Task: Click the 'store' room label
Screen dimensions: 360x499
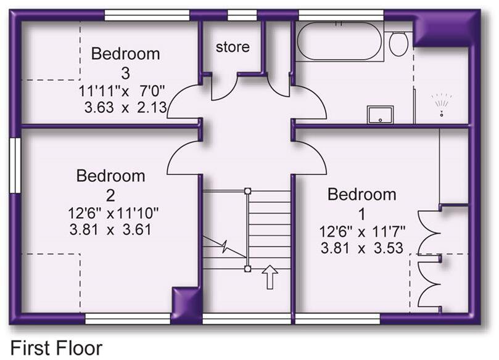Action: point(233,46)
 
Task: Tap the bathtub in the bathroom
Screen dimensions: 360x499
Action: point(340,41)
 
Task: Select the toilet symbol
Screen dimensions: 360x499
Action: point(398,43)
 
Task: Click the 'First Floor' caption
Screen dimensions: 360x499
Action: point(56,347)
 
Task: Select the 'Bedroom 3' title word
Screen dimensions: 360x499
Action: point(125,54)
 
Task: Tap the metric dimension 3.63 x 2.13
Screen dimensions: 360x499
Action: point(126,107)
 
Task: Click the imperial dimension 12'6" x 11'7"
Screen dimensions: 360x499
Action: point(361,234)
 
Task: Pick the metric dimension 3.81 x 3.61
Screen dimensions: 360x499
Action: point(110,229)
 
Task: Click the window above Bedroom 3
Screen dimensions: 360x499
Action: point(147,15)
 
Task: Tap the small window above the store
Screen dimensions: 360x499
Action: point(242,15)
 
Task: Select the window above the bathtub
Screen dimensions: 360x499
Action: point(340,15)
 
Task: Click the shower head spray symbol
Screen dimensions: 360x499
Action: point(441,104)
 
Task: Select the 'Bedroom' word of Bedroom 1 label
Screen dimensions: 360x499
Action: point(361,195)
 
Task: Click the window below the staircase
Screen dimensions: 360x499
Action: point(247,318)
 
